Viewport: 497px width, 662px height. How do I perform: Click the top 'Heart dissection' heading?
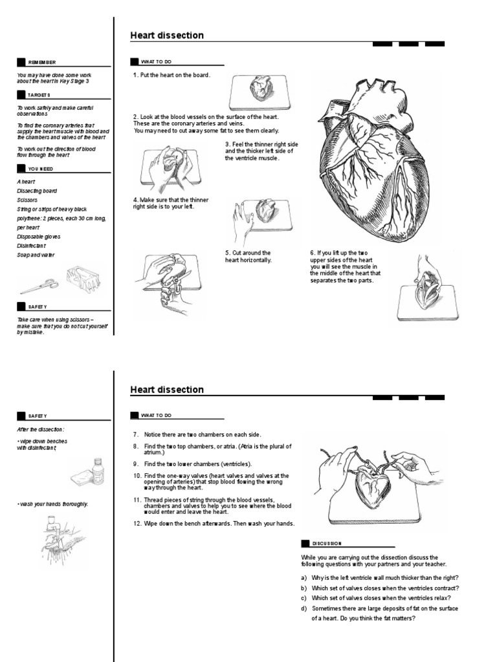tap(167, 36)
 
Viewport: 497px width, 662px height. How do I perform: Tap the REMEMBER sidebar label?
tap(42, 62)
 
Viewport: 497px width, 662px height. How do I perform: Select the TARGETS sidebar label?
tap(39, 94)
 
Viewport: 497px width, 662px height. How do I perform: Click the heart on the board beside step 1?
tap(261, 89)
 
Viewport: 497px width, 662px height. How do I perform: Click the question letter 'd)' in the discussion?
tap(304, 608)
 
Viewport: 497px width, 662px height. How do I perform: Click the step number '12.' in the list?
tap(137, 523)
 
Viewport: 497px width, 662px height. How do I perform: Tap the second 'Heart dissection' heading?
tap(167, 390)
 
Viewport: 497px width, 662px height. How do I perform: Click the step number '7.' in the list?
tap(136, 435)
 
